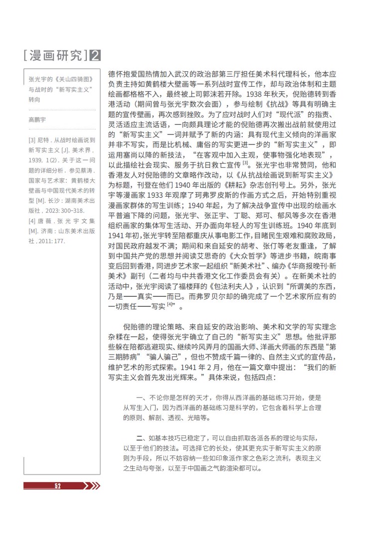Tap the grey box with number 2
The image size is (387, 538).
(95, 54)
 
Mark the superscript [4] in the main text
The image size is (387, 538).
(170, 304)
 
